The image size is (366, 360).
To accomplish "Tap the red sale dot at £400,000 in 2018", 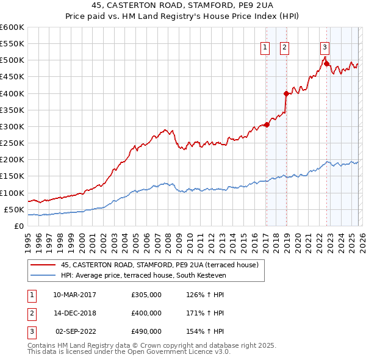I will pyautogui.click(x=285, y=93).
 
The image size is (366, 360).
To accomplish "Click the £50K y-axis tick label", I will pyautogui.click(x=14, y=209).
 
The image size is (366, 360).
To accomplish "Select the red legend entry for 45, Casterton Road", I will pyautogui.click(x=160, y=265).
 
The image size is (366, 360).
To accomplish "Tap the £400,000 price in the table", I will pyautogui.click(x=146, y=313).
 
